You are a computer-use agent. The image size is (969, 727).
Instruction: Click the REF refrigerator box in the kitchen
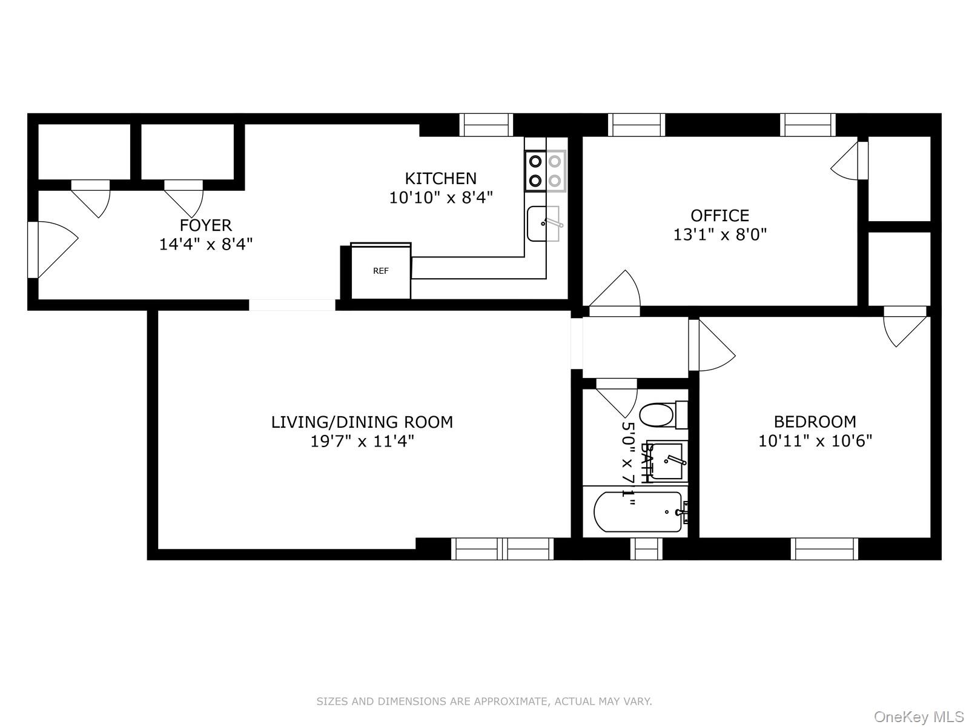[x=381, y=271]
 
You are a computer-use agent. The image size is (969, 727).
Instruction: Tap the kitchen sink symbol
[x=543, y=224]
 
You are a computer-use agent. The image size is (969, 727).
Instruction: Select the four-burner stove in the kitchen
[x=544, y=171]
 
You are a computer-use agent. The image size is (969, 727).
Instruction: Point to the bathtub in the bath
[x=638, y=513]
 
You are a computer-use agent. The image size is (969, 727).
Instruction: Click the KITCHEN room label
[x=440, y=178]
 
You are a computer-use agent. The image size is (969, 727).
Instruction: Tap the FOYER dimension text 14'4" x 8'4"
[x=205, y=244]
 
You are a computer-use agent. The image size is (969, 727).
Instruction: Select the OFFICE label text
[x=719, y=215]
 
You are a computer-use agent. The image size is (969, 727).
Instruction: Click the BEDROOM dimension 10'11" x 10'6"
[x=815, y=440]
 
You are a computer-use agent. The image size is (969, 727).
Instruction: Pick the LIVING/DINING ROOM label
[x=362, y=422]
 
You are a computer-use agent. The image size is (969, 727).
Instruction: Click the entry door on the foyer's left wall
[x=51, y=250]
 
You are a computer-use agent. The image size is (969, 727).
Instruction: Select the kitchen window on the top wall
[x=486, y=125]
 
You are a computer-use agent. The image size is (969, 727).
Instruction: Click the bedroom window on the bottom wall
[x=824, y=549]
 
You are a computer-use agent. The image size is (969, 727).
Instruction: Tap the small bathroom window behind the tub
[x=646, y=549]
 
